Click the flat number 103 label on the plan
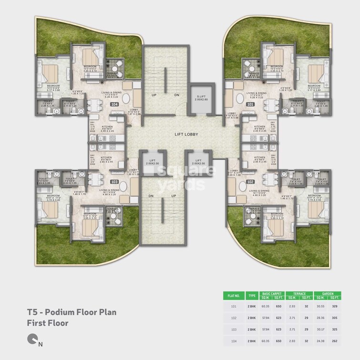point(114,182)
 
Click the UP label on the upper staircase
point(154,95)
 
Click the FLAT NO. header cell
point(234,295)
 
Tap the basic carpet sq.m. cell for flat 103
point(266,329)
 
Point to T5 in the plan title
point(32,312)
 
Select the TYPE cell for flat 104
point(252,341)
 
